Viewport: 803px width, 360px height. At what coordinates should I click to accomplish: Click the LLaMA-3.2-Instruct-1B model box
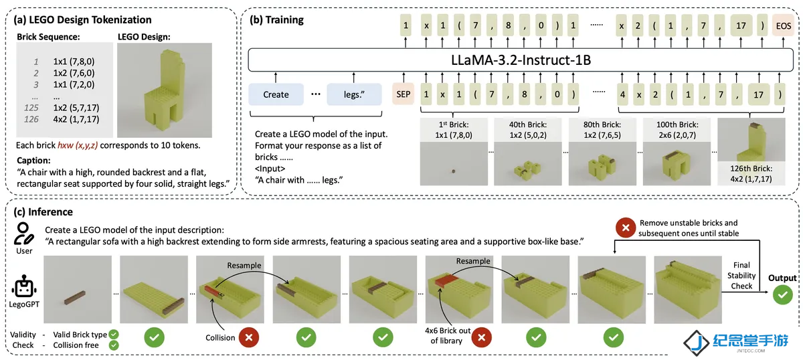(x=521, y=60)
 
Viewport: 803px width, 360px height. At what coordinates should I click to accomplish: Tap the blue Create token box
(x=276, y=94)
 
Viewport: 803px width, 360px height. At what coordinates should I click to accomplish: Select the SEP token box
(x=404, y=94)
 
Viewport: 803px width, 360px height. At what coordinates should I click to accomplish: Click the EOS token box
(x=784, y=25)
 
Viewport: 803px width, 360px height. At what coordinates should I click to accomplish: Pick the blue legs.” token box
(x=354, y=94)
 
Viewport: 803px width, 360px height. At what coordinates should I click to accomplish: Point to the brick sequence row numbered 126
(x=62, y=119)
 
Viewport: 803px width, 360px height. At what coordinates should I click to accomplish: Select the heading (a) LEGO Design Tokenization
(x=82, y=19)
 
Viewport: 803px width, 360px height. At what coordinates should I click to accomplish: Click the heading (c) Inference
(x=43, y=212)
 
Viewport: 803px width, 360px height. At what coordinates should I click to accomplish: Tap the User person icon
(x=23, y=234)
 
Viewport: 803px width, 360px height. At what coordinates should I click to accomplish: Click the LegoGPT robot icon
(x=24, y=286)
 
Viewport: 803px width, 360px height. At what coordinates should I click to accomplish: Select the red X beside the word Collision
(x=249, y=337)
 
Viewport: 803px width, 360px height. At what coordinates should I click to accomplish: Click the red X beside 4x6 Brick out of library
(x=481, y=337)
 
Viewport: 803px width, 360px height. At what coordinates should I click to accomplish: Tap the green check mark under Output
(x=782, y=294)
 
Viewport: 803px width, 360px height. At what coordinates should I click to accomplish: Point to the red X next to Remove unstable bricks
(x=626, y=228)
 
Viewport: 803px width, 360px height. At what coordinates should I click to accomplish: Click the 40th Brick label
(x=528, y=124)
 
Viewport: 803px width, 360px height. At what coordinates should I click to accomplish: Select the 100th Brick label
(x=677, y=124)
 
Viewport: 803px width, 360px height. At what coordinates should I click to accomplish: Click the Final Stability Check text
(x=741, y=276)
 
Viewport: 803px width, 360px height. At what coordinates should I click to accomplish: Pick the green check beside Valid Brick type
(x=114, y=335)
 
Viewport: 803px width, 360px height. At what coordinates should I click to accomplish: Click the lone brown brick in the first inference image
(x=75, y=298)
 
